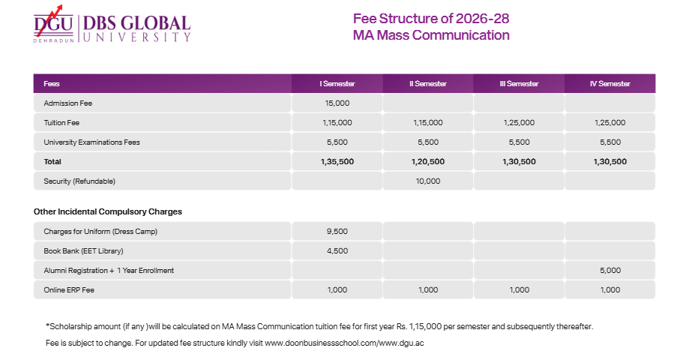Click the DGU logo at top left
click(53, 25)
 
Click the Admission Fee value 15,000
click(337, 103)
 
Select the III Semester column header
click(519, 83)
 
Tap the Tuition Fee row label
click(61, 122)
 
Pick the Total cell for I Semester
click(337, 161)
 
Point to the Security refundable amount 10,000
click(427, 181)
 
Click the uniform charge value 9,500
click(337, 231)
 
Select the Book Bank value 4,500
click(337, 250)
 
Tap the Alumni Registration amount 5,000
click(610, 270)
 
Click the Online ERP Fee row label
click(70, 289)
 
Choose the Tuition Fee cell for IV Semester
click(610, 122)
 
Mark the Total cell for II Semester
click(427, 161)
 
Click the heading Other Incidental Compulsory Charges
click(108, 211)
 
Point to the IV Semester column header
click(610, 83)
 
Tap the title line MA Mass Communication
click(431, 35)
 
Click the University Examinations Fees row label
click(92, 142)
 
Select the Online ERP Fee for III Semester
click(519, 289)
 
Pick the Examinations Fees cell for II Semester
click(427, 142)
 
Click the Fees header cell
click(52, 83)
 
